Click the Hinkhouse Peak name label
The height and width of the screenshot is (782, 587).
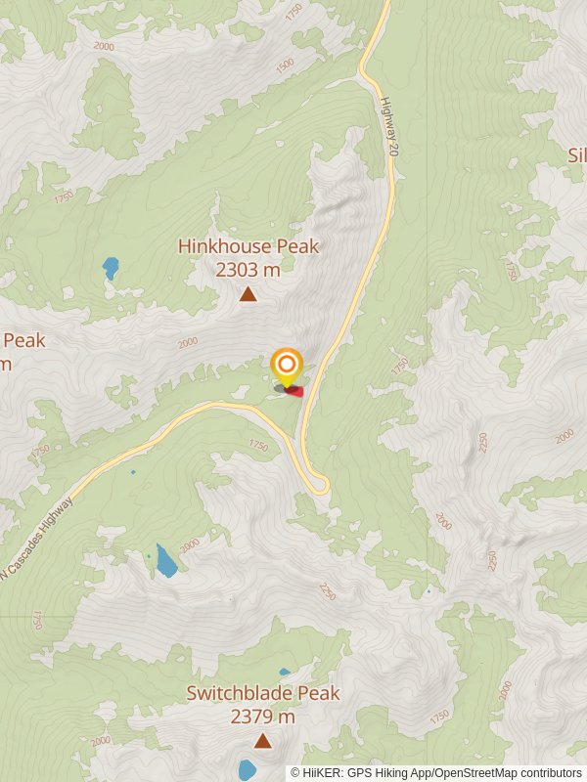(248, 247)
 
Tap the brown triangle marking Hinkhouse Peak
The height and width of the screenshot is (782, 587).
(248, 294)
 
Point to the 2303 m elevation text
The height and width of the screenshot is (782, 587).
(248, 270)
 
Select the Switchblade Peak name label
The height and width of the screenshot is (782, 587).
(263, 694)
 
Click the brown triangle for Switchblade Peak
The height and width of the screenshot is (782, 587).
(262, 741)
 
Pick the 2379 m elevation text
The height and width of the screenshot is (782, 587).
(263, 717)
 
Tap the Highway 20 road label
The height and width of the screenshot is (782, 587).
(391, 126)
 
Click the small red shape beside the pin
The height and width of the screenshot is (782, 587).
(295, 391)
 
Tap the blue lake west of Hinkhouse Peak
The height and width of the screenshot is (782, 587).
(111, 266)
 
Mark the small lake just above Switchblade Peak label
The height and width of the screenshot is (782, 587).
(284, 673)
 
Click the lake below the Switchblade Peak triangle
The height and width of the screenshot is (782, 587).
(247, 770)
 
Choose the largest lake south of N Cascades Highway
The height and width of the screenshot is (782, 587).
(165, 560)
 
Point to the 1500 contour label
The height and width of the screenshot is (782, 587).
(285, 65)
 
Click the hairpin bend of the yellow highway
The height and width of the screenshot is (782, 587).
(319, 486)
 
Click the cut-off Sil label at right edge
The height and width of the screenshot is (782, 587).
(576, 154)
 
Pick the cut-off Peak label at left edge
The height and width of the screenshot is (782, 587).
(23, 341)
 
